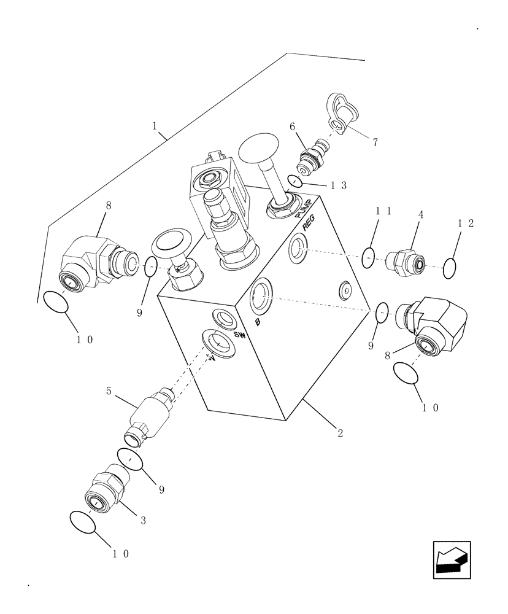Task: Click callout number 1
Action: pos(155,125)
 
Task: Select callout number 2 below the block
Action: pos(340,432)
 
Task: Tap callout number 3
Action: pos(142,521)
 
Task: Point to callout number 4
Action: pos(420,216)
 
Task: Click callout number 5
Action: pos(109,390)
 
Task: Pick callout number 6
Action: pos(293,126)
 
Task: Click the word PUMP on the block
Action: pos(305,209)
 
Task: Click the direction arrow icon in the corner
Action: pos(452,559)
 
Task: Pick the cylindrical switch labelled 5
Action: pos(150,413)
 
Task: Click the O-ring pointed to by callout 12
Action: pos(448,267)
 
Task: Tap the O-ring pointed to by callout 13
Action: pos(295,181)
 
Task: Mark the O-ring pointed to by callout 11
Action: pos(368,258)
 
